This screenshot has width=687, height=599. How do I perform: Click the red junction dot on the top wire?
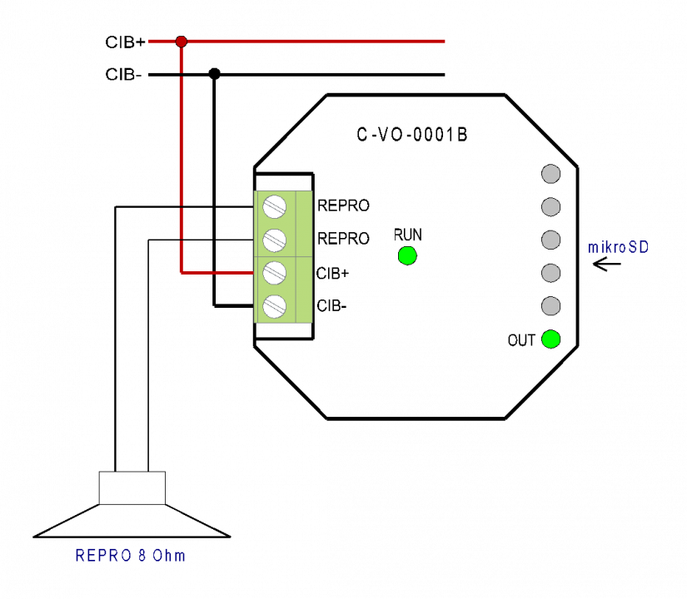181,42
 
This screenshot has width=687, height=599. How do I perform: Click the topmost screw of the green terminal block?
274,206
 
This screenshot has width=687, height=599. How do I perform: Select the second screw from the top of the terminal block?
274,240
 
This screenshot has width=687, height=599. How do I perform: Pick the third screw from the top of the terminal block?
274,273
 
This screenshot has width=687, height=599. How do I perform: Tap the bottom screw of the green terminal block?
274,306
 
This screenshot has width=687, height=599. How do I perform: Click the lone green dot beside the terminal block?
407,255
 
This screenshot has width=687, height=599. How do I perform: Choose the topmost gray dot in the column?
550,174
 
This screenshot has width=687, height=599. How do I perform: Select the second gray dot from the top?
550,207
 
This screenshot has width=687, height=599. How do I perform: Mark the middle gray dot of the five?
550,240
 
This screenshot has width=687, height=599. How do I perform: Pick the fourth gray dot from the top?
550,273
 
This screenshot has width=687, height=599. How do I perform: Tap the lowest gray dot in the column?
550,306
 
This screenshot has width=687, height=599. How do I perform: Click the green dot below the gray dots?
550,339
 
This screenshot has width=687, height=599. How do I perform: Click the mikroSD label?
618,247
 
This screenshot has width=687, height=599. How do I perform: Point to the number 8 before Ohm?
142,556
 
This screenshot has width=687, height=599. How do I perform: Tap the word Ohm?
168,556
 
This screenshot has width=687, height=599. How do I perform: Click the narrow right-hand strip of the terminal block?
304,256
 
